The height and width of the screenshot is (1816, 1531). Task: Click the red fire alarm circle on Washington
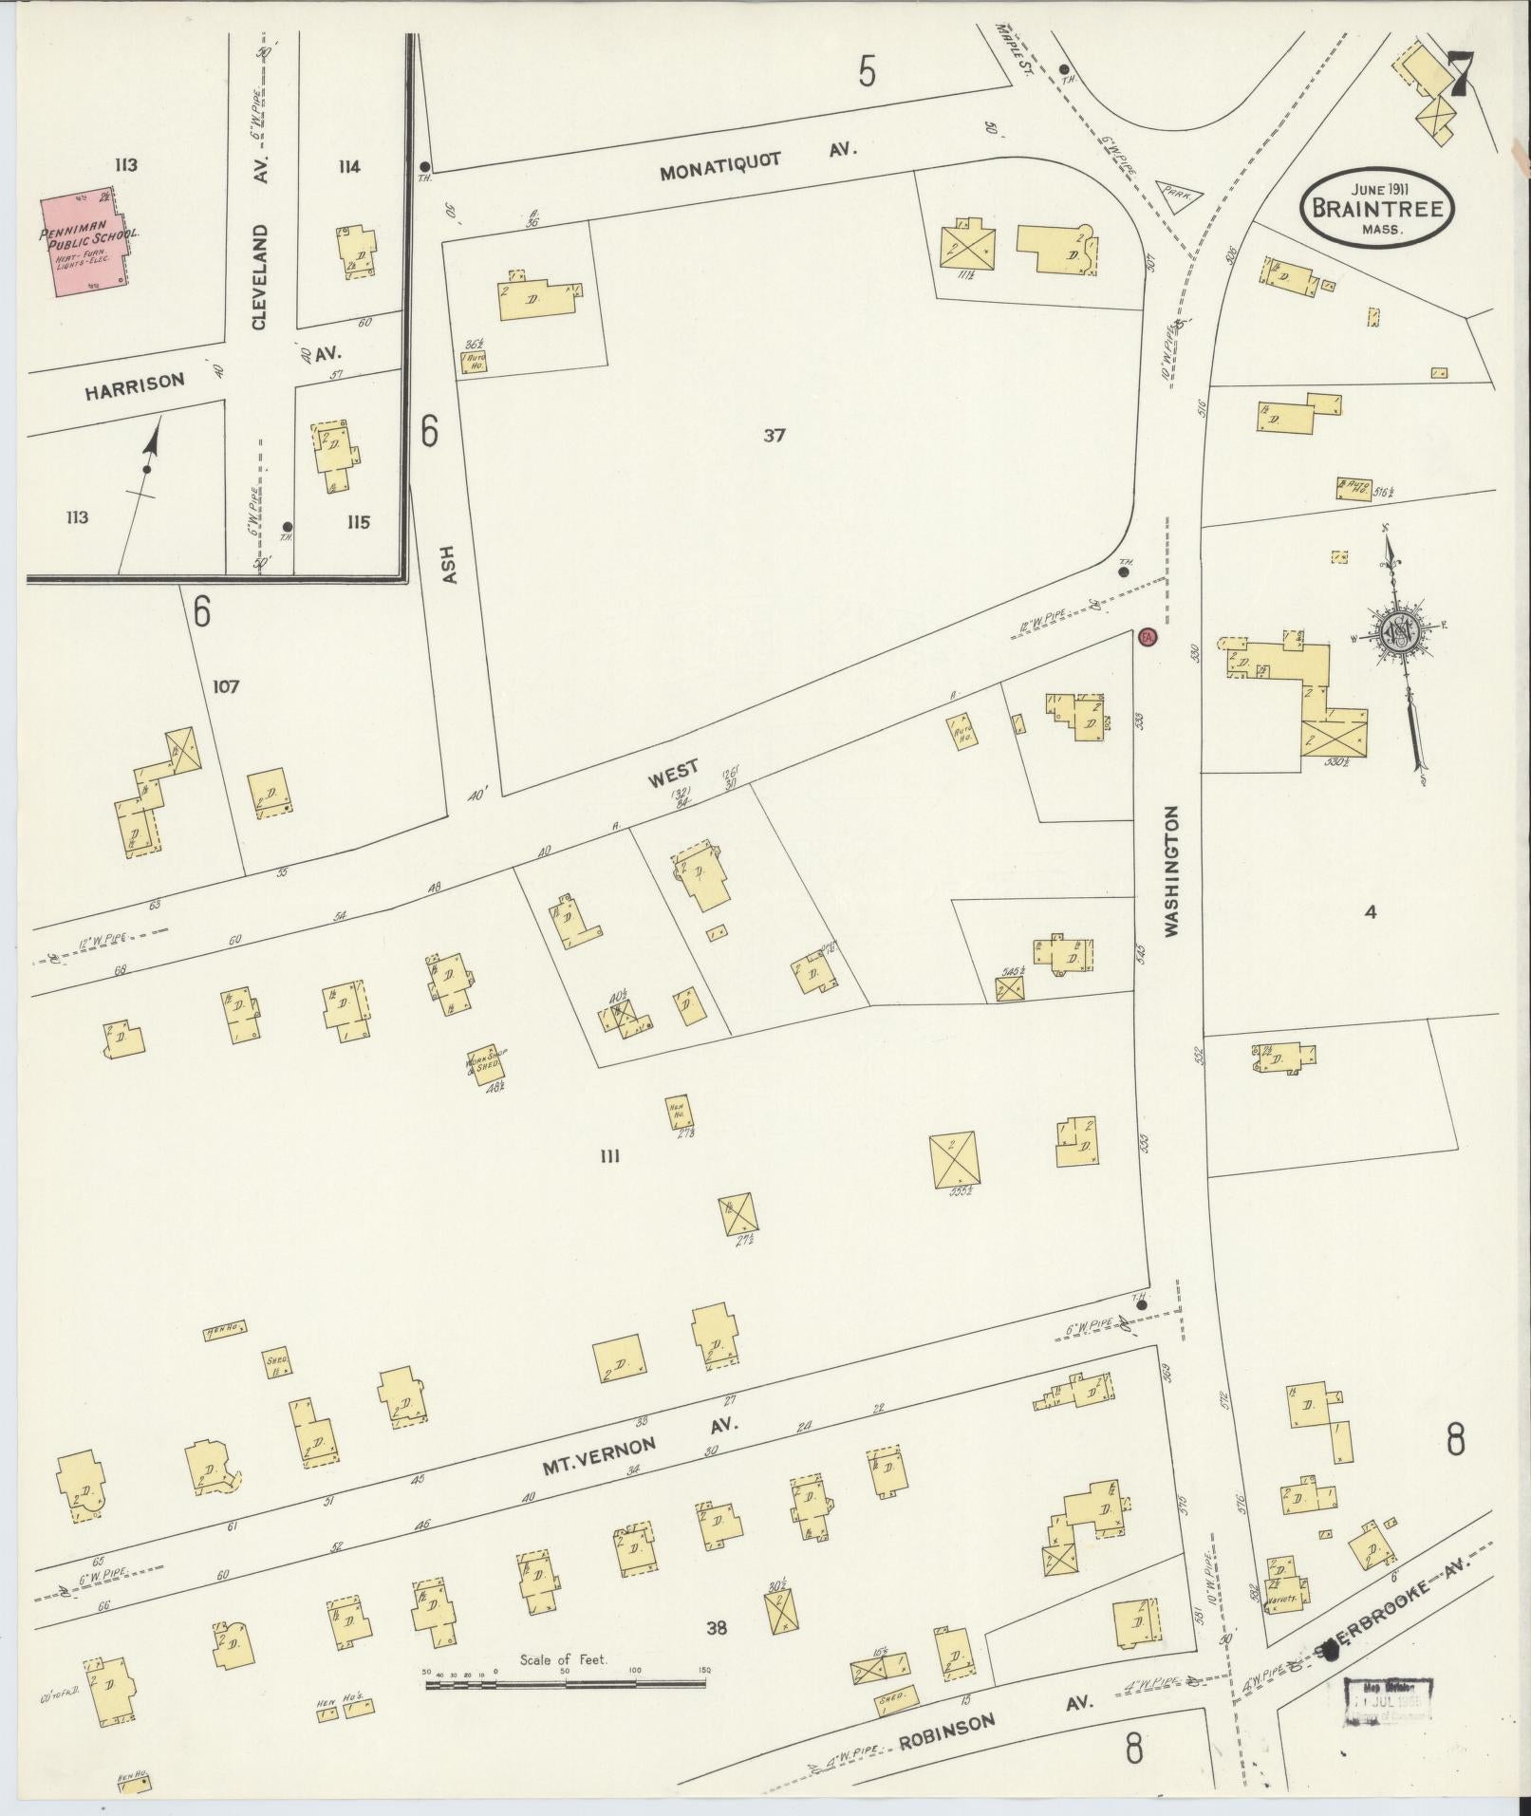1147,638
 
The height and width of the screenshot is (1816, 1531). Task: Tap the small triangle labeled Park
1179,196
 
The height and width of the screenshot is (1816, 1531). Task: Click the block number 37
775,436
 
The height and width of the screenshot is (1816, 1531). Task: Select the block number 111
609,1156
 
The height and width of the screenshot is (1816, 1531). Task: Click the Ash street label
450,564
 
